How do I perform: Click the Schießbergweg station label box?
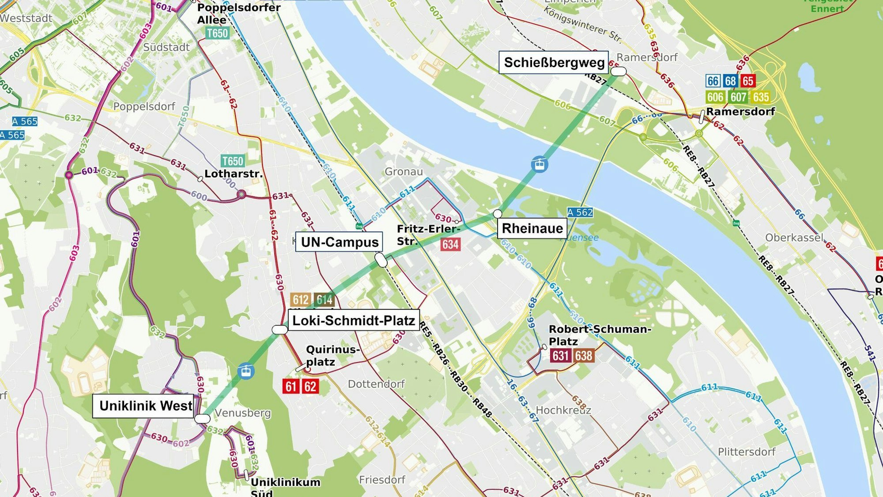tap(554, 62)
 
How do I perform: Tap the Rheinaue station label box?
tap(532, 228)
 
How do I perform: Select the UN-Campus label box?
tap(339, 242)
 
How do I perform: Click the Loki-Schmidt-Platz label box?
tap(354, 320)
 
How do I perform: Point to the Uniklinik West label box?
tap(145, 406)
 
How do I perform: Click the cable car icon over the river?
tap(539, 164)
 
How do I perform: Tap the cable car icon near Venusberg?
tap(246, 371)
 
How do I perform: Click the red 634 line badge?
tap(450, 244)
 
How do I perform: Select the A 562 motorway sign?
tap(580, 212)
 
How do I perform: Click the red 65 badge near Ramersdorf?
tap(747, 81)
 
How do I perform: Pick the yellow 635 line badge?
tap(761, 97)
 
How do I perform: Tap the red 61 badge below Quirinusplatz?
tap(291, 387)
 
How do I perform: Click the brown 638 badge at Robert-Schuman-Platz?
tap(584, 356)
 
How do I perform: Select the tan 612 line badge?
tap(301, 300)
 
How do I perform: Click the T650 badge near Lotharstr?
tap(232, 161)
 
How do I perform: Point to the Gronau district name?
tap(404, 172)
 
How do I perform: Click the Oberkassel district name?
tap(794, 238)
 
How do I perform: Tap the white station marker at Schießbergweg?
tap(619, 71)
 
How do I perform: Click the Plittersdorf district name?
tap(746, 452)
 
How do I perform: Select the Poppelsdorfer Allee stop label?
tap(238, 13)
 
